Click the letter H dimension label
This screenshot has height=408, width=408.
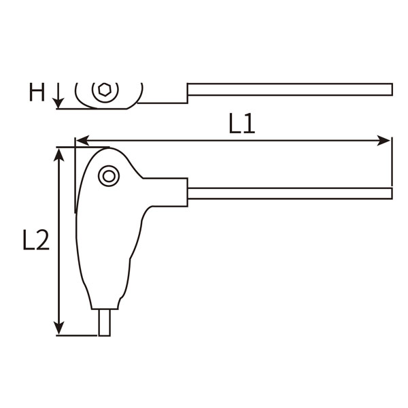point(37,92)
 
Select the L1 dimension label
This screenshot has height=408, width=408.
point(241,124)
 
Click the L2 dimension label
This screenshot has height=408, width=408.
point(35,240)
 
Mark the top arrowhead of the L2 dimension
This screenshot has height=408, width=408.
point(60,154)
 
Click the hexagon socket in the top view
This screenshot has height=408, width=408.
point(105,90)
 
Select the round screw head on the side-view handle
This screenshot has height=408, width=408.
point(108,176)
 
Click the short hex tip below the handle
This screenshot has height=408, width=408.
point(104,322)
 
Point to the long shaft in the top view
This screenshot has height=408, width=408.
point(289,90)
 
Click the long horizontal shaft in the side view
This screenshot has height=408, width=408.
point(289,194)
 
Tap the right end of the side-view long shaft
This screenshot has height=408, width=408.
point(390,194)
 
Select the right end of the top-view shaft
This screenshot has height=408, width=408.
point(390,90)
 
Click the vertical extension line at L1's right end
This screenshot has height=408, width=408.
point(392,163)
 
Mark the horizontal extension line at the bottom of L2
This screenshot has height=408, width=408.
point(78,335)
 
